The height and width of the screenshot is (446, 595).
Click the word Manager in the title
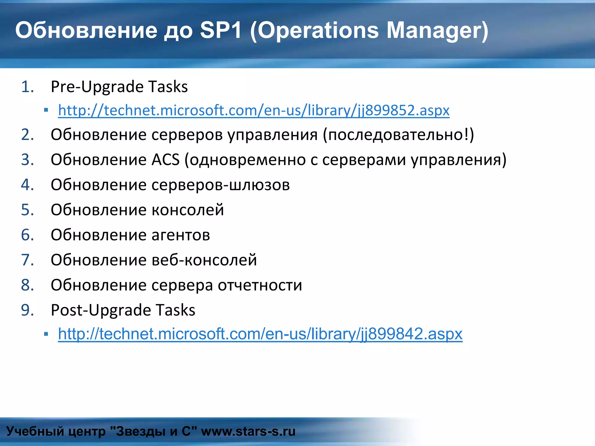coord(437,30)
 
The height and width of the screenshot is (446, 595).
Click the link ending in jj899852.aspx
coord(254,110)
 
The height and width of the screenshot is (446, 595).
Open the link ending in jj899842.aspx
coord(260,334)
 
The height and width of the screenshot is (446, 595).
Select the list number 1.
coord(27,87)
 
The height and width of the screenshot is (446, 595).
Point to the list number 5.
coord(27,210)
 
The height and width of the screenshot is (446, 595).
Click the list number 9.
coord(27,310)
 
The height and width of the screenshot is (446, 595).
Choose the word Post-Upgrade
coord(101,310)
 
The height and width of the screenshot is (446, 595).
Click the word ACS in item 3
coord(166,160)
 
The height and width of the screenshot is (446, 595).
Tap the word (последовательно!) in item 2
coord(398,135)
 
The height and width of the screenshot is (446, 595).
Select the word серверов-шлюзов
coord(221,185)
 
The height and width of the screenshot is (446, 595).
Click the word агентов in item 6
coord(181,235)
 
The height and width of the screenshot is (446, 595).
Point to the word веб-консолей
coord(204,260)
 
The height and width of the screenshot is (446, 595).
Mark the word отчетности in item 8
coord(260,285)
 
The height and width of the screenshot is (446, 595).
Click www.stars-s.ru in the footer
coord(248,431)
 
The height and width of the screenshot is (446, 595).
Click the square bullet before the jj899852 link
coord(46,110)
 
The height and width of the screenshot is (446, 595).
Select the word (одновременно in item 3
coord(245,160)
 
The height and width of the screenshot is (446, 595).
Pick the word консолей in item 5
coord(188,210)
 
